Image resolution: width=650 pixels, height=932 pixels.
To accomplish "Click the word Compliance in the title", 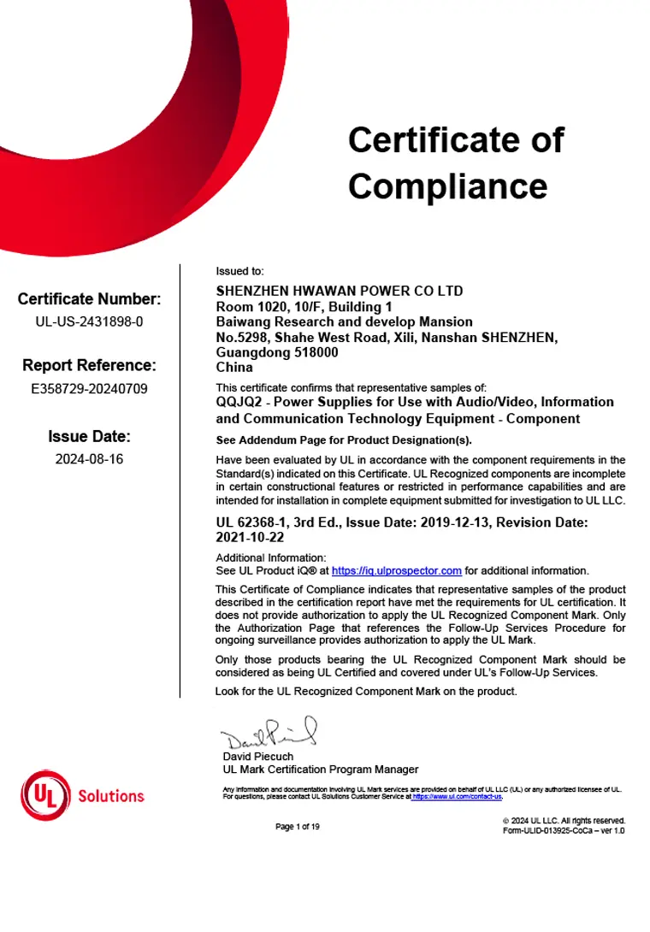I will coord(447,186).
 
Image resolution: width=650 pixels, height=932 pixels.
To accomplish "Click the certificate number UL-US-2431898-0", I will coord(89,322).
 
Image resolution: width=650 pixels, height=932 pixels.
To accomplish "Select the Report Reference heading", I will coord(89,366).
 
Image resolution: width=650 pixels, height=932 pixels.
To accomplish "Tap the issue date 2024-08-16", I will coord(89,459).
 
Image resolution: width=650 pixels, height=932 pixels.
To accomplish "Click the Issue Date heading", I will coord(89,437).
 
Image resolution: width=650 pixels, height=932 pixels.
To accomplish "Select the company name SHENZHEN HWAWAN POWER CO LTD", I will coord(340,291).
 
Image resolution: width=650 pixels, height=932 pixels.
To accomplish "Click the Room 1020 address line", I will coord(304,306).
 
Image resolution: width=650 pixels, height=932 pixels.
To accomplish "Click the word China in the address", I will coord(234,367).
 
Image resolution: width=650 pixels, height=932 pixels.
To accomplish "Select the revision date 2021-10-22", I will coord(250,539).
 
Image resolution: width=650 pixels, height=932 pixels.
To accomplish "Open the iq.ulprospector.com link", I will coord(396,570).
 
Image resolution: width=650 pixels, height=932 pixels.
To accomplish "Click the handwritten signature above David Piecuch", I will coord(269,734).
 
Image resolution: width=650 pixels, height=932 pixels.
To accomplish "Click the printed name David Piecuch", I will coord(257,756).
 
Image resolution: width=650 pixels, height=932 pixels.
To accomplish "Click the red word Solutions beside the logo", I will coord(111,796).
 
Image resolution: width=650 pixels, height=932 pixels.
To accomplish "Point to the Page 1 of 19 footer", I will coord(298,826).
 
